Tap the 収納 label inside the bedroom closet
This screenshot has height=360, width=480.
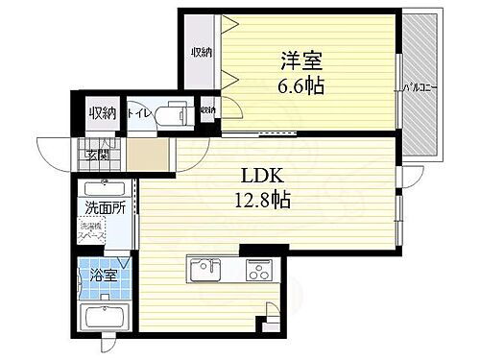pos(200,53)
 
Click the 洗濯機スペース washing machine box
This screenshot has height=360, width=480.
pos(94,233)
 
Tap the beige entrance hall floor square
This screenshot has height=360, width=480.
pos(148,155)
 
